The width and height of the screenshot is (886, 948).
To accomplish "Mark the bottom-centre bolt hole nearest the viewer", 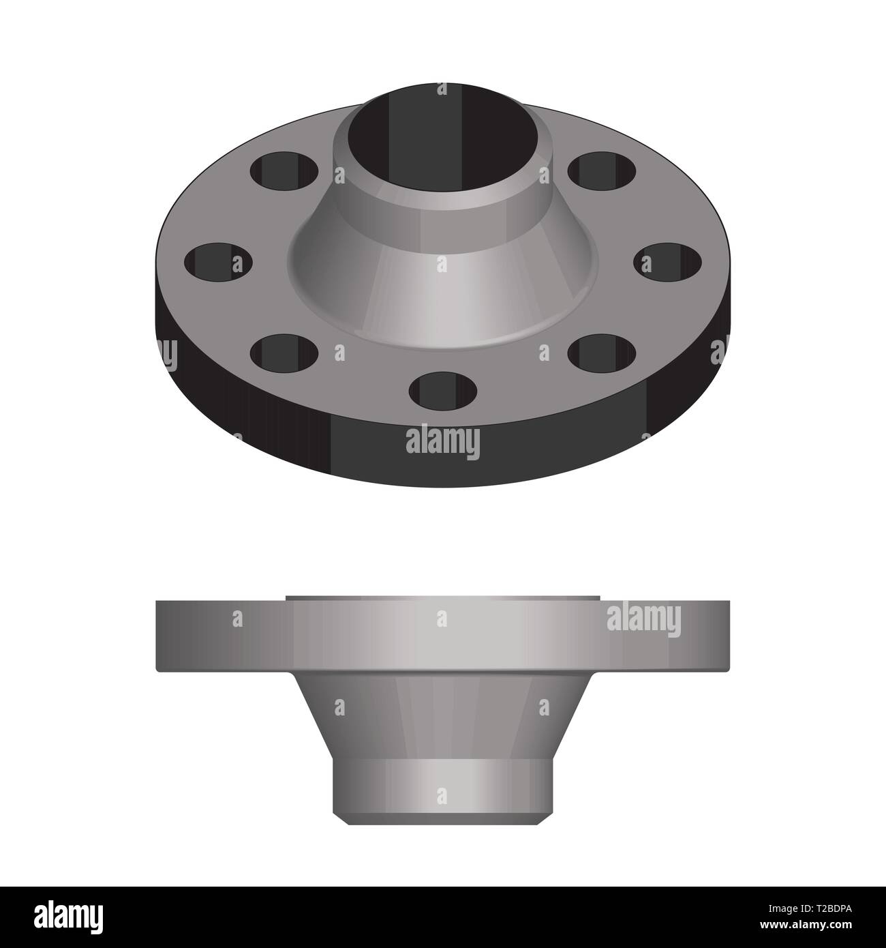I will coord(443,389).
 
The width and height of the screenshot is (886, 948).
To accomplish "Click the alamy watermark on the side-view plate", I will coord(643,621).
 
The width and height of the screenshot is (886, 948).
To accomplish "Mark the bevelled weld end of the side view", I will coord(442,819).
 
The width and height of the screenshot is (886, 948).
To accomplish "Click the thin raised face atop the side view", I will coord(442,597).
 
